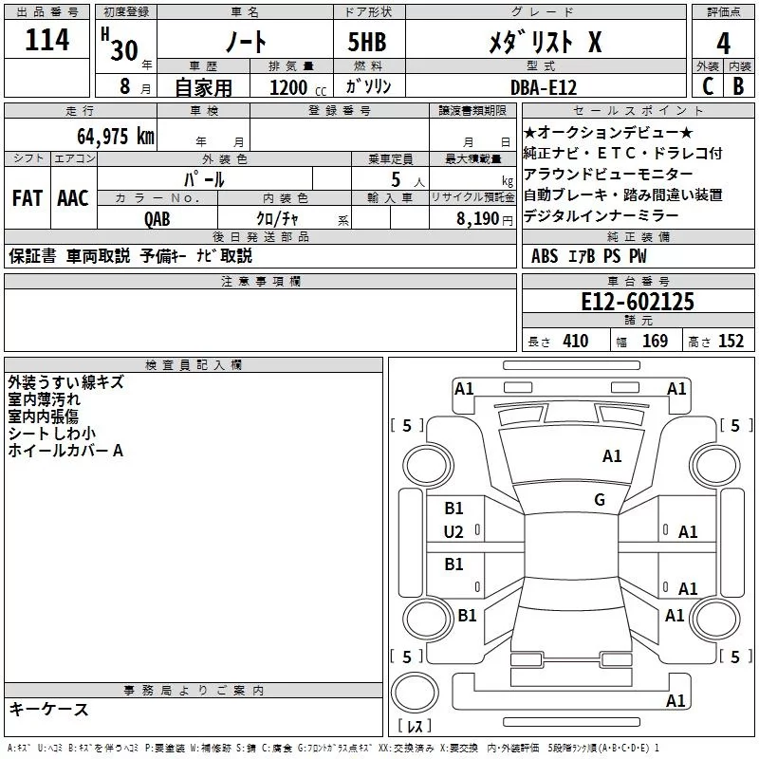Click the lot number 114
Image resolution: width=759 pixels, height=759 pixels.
click(46, 40)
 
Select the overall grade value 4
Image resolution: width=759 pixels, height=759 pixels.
click(723, 44)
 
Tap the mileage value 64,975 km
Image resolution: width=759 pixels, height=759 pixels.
click(116, 136)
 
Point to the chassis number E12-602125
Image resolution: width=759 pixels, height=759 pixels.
click(638, 302)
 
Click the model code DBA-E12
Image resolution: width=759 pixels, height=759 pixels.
click(544, 87)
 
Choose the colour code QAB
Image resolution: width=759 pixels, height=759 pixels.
click(157, 219)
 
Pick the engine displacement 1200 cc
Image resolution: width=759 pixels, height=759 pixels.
click(298, 87)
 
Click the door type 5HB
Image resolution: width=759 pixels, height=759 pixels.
click(367, 42)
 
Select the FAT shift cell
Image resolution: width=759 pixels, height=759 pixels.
click(28, 198)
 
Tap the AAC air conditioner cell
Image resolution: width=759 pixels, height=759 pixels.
click(73, 198)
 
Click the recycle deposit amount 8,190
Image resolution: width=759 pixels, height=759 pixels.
click(478, 219)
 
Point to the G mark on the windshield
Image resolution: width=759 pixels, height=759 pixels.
click(600, 499)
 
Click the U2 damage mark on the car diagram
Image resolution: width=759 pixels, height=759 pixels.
click(454, 532)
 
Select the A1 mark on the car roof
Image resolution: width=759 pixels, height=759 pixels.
click(612, 456)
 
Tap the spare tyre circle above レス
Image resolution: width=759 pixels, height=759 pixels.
click(415, 693)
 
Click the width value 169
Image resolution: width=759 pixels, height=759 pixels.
click(655, 341)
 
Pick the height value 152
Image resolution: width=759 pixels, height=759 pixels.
click(731, 341)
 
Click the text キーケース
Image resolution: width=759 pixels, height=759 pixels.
click(48, 709)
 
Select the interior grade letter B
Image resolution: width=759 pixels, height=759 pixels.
click(738, 86)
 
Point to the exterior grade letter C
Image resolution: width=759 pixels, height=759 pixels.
click(708, 86)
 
